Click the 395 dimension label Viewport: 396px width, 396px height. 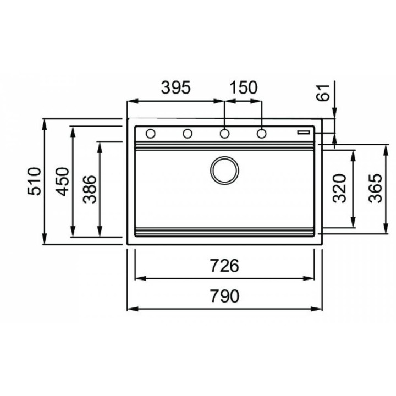tap(176, 87)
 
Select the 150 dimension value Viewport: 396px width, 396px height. tap(244, 87)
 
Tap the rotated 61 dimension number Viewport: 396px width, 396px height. tap(323, 93)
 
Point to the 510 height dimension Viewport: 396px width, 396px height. tap(34, 181)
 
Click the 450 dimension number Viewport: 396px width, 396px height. tap(63, 182)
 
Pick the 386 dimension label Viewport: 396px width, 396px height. tap(90, 189)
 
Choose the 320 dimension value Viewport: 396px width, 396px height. tap(339, 188)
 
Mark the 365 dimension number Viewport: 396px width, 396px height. tap(375, 188)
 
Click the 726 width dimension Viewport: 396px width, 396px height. tap(224, 266)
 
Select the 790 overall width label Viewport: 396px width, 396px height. tap(224, 296)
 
